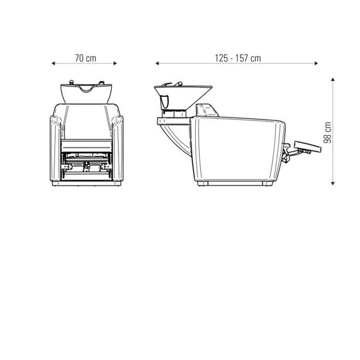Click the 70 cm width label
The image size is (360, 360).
click(86, 58)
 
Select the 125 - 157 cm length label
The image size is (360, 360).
click(237, 58)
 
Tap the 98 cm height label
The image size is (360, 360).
click(327, 131)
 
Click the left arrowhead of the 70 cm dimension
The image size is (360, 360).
click(53, 63)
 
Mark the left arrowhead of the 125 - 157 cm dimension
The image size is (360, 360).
click(157, 63)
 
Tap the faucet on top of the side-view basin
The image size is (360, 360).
click(176, 83)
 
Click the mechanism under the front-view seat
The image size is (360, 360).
click(87, 162)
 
